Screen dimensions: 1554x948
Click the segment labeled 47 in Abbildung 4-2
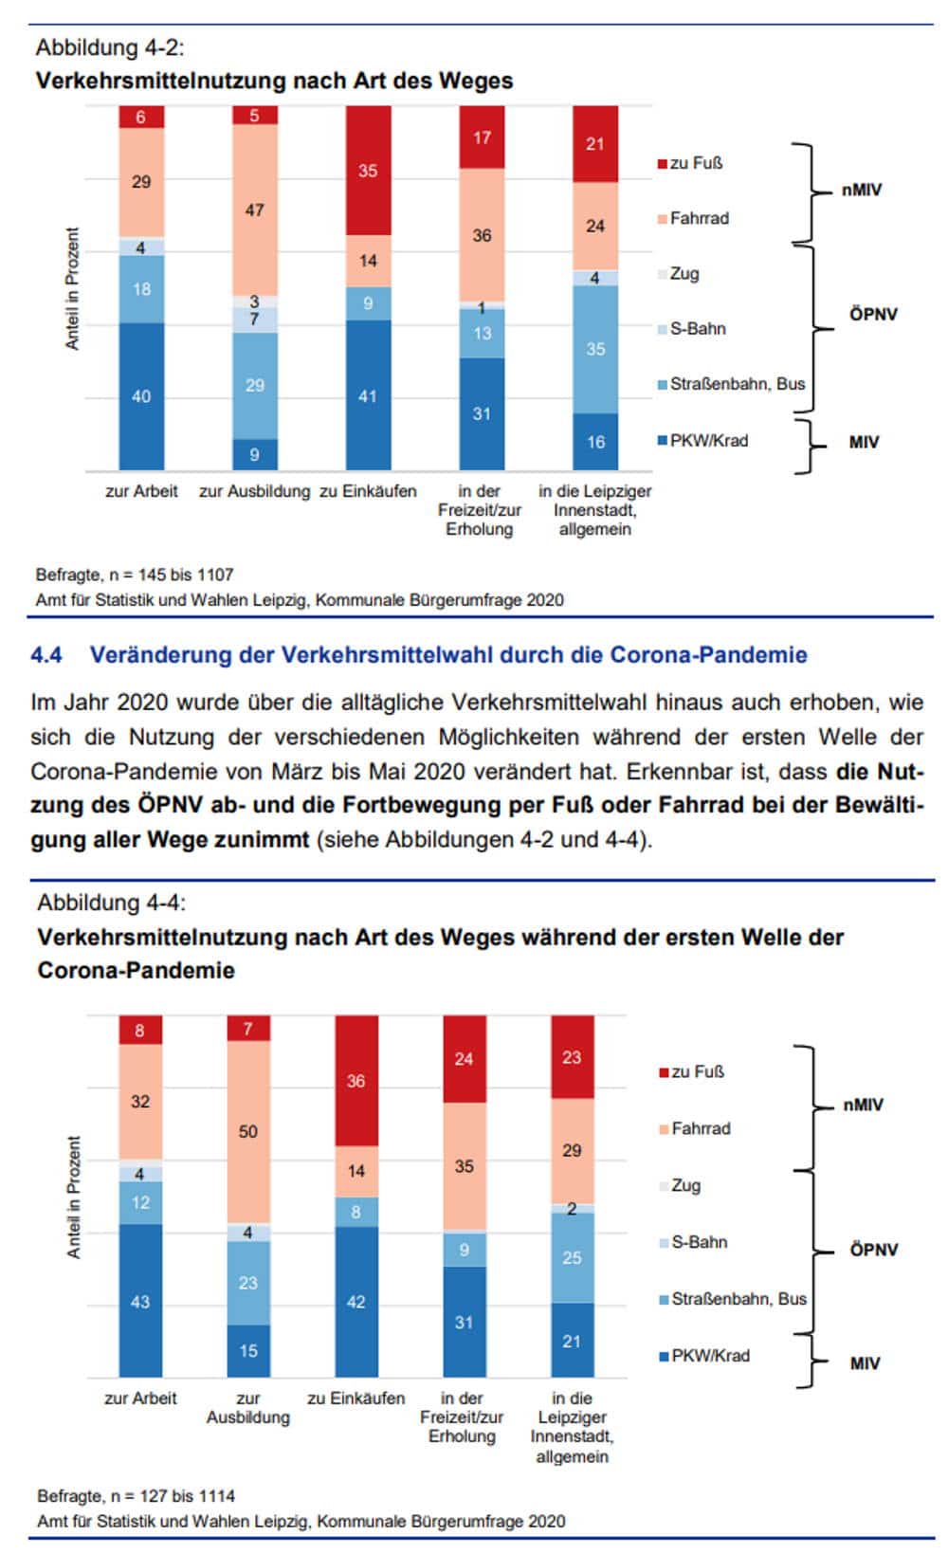[x=254, y=210]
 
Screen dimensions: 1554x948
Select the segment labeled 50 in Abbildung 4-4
[x=247, y=1131]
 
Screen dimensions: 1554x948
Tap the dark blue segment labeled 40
[x=141, y=396]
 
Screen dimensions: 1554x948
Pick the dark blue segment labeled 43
[x=140, y=1301]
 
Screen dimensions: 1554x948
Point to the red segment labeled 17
[x=482, y=137]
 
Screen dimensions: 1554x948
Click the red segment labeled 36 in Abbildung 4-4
[x=355, y=1081]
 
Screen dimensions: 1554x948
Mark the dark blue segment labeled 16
[x=595, y=442]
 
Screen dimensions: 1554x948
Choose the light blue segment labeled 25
[x=572, y=1257]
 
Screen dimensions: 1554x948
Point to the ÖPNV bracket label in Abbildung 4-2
[x=873, y=314]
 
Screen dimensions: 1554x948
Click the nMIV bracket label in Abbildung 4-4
[x=863, y=1105]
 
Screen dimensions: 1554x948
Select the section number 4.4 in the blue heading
[x=46, y=654]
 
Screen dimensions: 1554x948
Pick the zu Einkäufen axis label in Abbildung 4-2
[x=368, y=491]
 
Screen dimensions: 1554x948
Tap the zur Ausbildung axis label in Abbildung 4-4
[x=247, y=1408]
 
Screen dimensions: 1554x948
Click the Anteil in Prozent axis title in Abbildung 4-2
[x=73, y=289]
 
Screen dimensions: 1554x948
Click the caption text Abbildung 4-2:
[x=110, y=47]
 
